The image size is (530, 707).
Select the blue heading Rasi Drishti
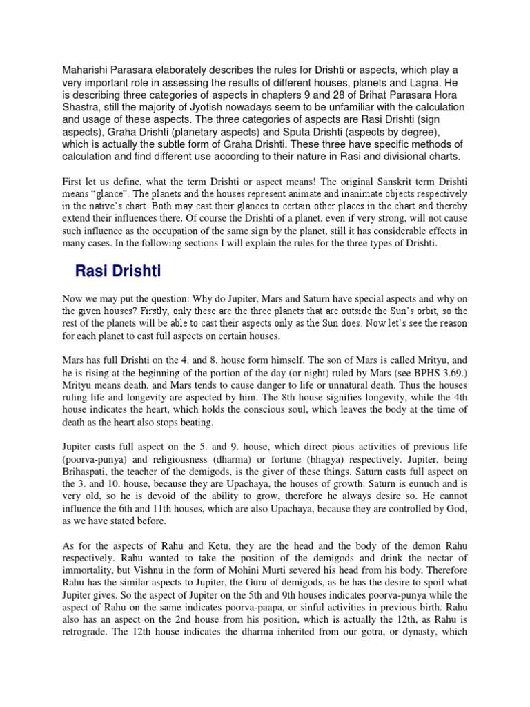pos(117,271)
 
